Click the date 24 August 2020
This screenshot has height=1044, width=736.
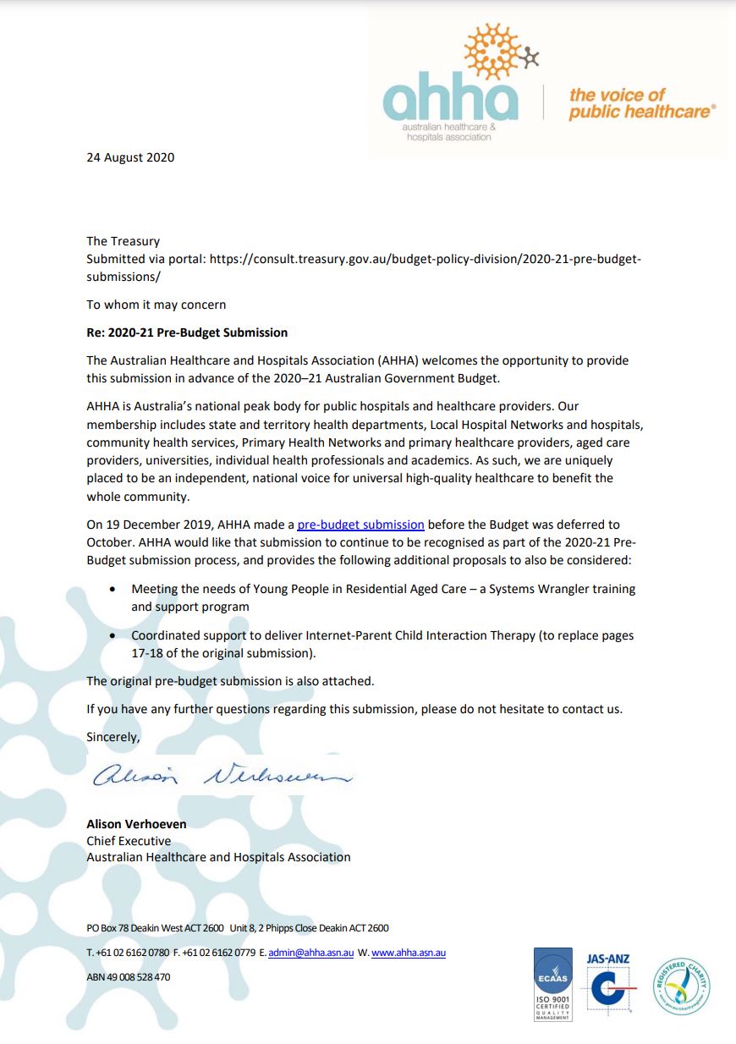[130, 157]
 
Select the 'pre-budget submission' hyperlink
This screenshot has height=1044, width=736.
[360, 525]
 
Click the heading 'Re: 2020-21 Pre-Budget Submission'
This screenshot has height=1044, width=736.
[187, 332]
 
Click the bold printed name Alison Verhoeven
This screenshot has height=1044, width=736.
[136, 824]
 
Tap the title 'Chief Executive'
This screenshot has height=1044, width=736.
[129, 841]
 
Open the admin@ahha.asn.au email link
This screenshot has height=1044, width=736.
[310, 953]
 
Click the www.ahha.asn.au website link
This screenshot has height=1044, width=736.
[409, 953]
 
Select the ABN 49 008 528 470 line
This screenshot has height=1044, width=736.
[129, 976]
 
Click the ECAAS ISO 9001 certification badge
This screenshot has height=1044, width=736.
[553, 984]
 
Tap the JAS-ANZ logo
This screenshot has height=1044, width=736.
[609, 984]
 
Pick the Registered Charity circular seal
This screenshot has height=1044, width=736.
[681, 984]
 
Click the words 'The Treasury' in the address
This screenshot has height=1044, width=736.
[123, 241]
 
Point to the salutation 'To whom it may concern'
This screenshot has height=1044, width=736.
[157, 305]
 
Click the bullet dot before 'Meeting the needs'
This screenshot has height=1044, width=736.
[114, 589]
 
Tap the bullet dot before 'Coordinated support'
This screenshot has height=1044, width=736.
[114, 635]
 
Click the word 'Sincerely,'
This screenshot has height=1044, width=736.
[113, 737]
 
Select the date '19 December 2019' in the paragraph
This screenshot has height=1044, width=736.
[162, 525]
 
